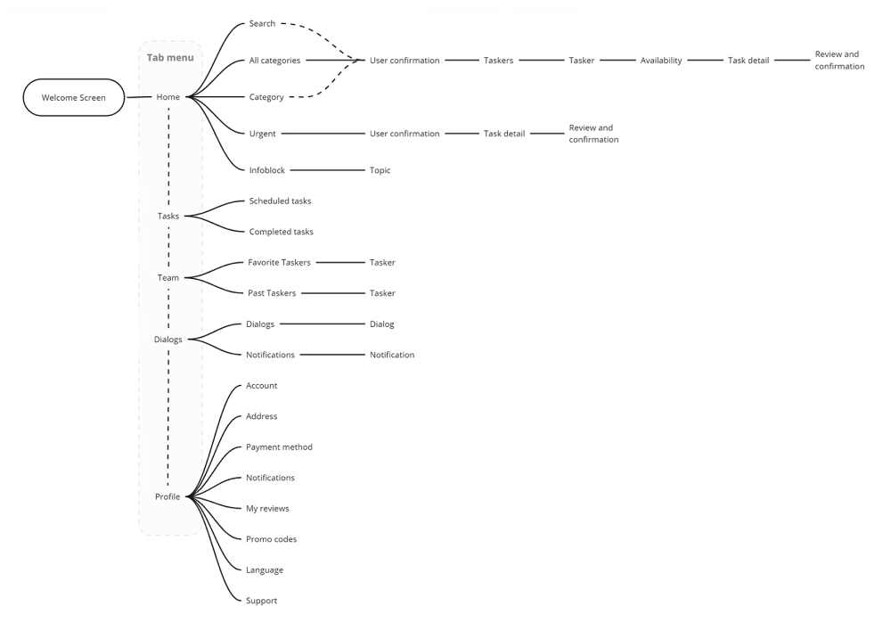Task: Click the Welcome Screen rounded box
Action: pyautogui.click(x=73, y=97)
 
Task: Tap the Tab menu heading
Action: pyautogui.click(x=169, y=58)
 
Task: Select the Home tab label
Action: pyautogui.click(x=168, y=97)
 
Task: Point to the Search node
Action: pyautogui.click(x=262, y=23)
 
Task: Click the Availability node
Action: pyautogui.click(x=660, y=61)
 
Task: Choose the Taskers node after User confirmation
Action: pyautogui.click(x=498, y=61)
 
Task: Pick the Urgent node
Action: pyautogui.click(x=262, y=134)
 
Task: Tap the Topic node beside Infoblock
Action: pyautogui.click(x=380, y=170)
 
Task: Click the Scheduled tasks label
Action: pyautogui.click(x=280, y=201)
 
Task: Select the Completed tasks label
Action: pyautogui.click(x=281, y=232)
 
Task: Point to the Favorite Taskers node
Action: pyautogui.click(x=279, y=263)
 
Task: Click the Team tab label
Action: pyautogui.click(x=168, y=278)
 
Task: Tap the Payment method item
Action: pyautogui.click(x=279, y=447)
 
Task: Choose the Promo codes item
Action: pyautogui.click(x=271, y=539)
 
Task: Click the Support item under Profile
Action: pyautogui.click(x=261, y=601)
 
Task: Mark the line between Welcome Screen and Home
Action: pyautogui.click(x=138, y=97)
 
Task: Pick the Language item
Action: pyautogui.click(x=265, y=570)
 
